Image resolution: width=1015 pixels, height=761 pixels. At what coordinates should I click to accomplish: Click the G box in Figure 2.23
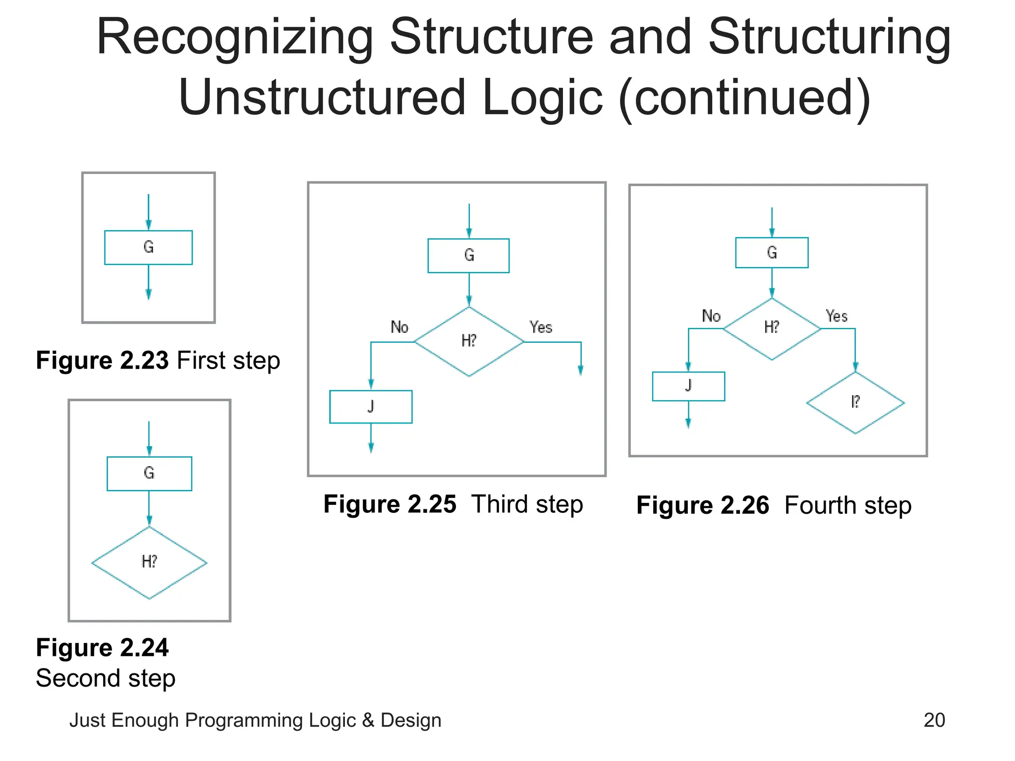click(148, 247)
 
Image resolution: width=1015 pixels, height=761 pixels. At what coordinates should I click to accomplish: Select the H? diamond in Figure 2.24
click(149, 562)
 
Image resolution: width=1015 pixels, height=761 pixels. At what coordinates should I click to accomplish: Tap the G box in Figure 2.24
click(149, 473)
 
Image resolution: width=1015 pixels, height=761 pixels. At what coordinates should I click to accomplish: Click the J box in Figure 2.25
click(371, 407)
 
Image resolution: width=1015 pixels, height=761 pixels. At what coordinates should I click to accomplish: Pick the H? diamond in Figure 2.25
click(469, 341)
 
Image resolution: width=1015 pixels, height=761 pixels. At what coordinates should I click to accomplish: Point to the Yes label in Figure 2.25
click(540, 327)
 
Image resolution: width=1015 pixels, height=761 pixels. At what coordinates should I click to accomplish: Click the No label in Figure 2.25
click(399, 327)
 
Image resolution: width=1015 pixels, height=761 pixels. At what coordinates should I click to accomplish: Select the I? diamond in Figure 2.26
click(855, 402)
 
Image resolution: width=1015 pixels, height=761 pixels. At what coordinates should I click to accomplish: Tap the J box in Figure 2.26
click(688, 386)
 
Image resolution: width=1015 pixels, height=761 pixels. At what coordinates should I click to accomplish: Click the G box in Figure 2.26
click(772, 253)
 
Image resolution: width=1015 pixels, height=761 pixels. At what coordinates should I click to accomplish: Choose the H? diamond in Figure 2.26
click(772, 328)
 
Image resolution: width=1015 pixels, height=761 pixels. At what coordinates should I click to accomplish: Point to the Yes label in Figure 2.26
click(837, 316)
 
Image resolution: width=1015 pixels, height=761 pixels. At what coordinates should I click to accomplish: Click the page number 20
click(934, 720)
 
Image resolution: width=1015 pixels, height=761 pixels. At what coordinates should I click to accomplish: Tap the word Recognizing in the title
click(235, 38)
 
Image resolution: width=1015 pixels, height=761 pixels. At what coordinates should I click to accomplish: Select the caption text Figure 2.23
click(103, 360)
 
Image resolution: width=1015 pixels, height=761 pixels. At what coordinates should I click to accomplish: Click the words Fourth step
click(848, 505)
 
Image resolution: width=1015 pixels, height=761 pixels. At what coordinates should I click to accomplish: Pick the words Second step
click(106, 678)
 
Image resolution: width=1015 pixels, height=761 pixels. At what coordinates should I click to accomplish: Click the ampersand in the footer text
click(368, 720)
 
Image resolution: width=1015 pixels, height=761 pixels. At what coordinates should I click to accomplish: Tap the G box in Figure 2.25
click(469, 256)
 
